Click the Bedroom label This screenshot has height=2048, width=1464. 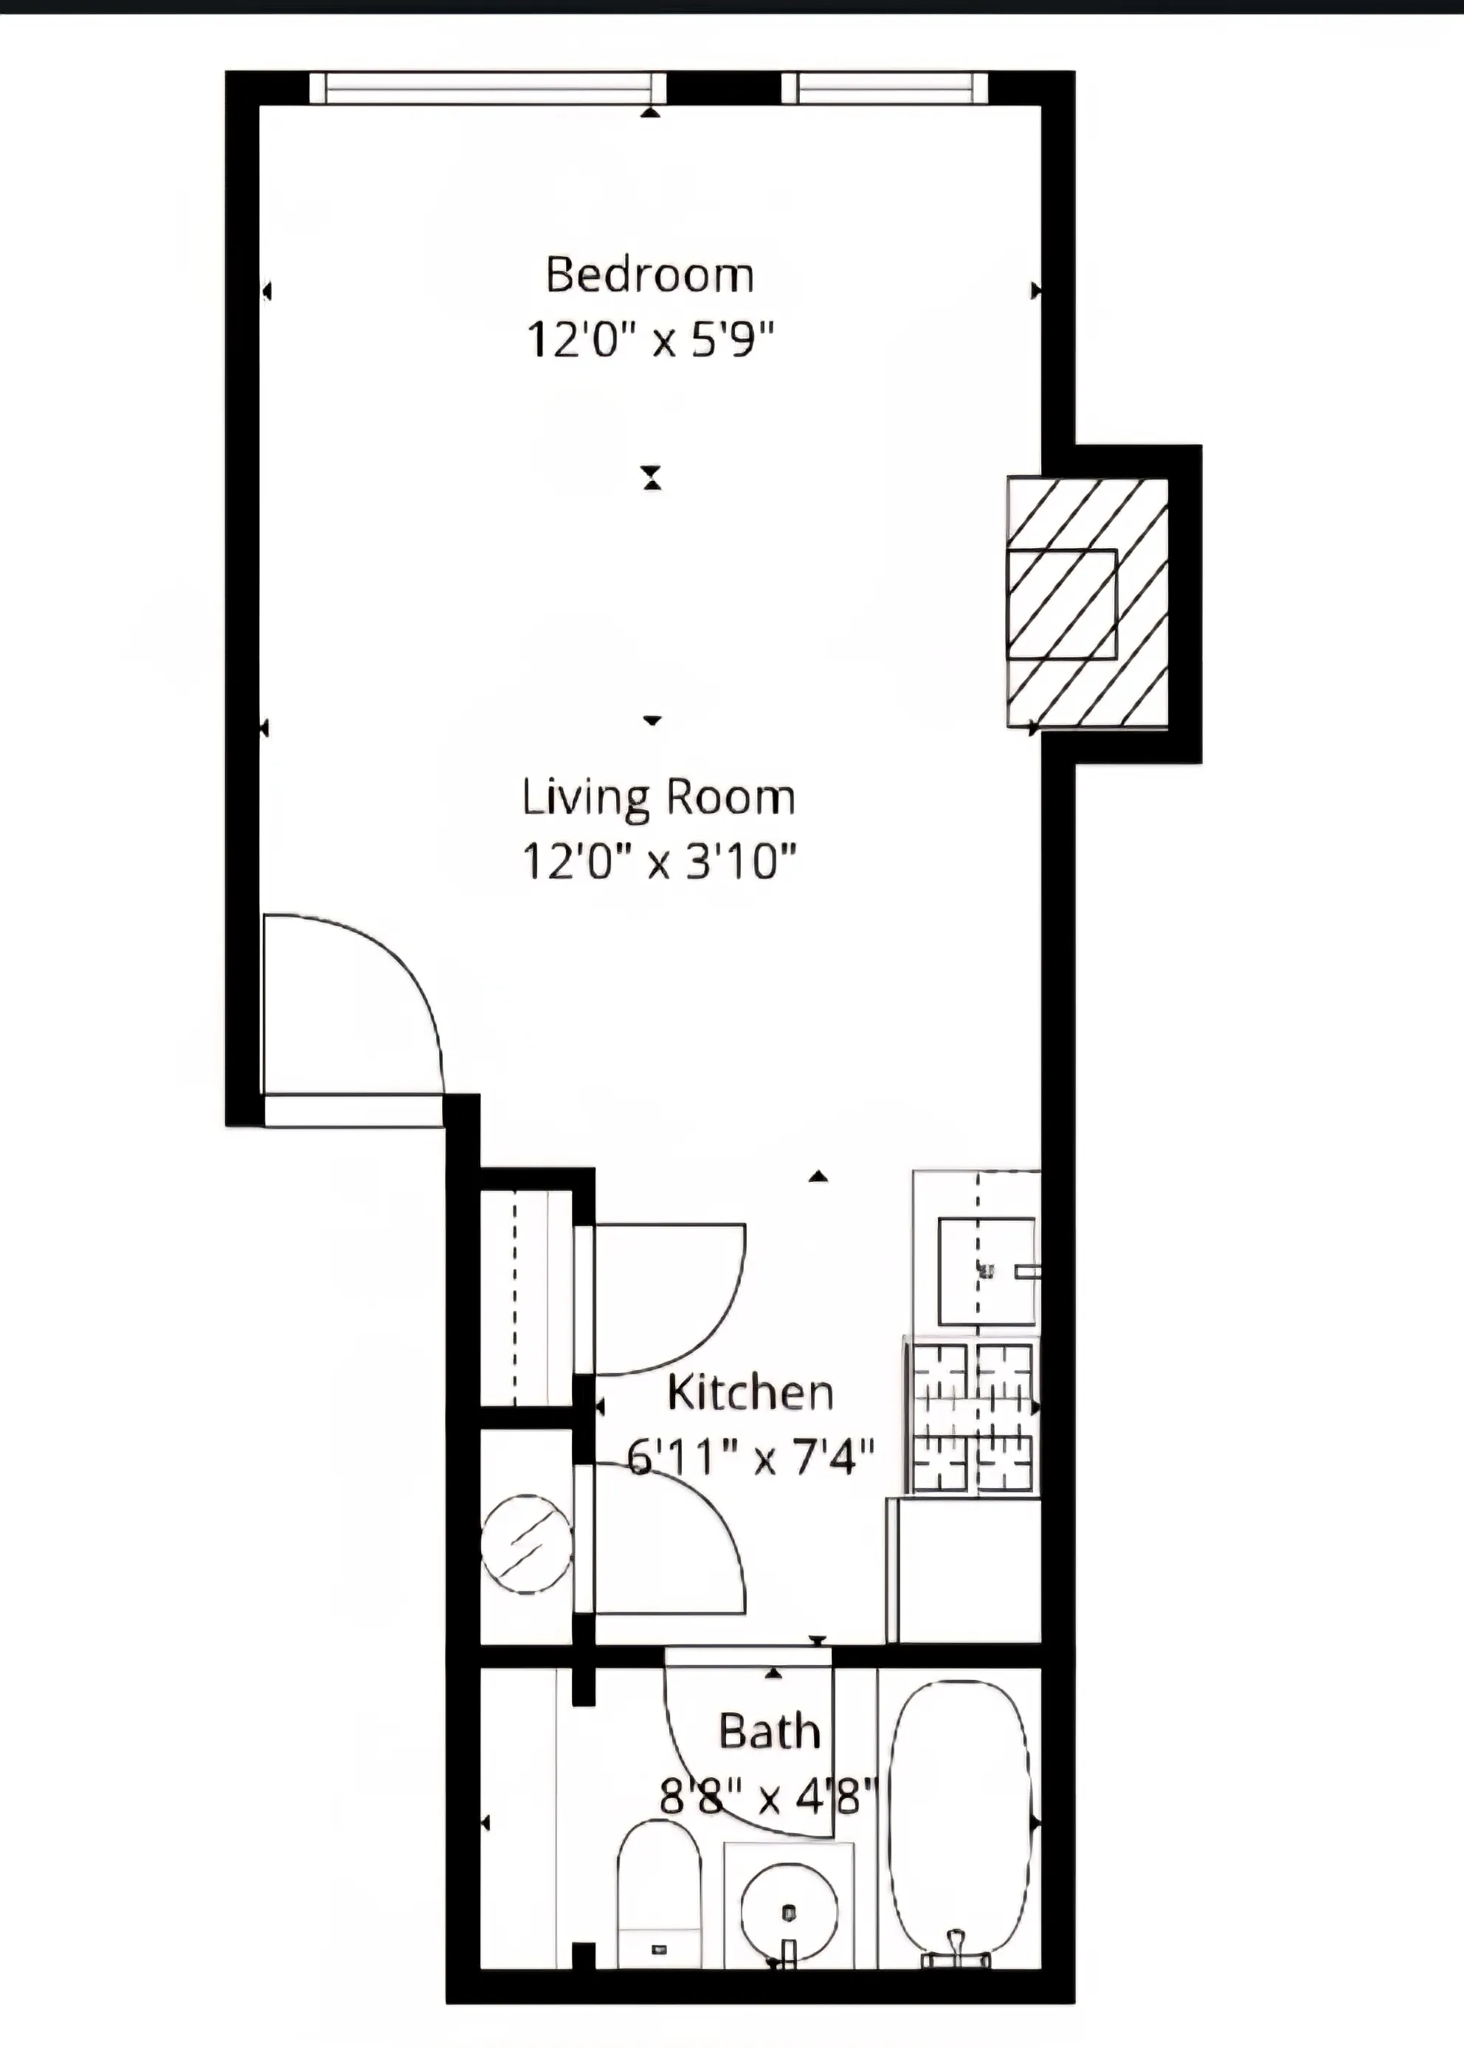(649, 275)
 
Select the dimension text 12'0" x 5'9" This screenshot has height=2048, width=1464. (649, 341)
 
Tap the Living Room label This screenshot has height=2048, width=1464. (658, 798)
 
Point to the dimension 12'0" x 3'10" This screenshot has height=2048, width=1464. (659, 862)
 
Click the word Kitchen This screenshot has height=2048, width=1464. (750, 1393)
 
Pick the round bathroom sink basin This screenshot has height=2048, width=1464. (789, 1911)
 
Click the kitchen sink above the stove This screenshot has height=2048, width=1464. (987, 1271)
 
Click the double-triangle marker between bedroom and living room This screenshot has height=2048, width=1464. (652, 477)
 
